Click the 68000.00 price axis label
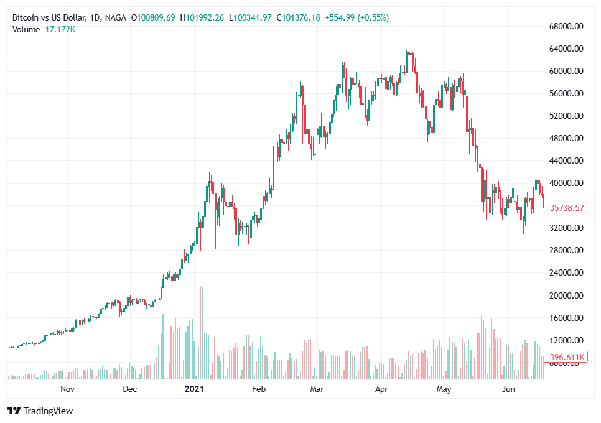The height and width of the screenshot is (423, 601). [566, 27]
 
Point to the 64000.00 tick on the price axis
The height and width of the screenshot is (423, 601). [566, 49]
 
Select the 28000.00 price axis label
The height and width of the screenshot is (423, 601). [566, 251]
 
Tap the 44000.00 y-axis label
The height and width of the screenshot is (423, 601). [566, 161]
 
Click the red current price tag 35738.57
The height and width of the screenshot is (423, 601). [565, 208]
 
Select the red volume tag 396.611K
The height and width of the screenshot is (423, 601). [565, 357]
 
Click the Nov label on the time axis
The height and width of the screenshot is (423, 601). [68, 389]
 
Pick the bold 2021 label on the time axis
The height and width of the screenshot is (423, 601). [195, 389]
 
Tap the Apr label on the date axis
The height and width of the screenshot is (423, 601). [382, 389]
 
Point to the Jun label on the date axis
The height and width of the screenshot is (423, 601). [508, 389]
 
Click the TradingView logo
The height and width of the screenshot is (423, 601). [40, 411]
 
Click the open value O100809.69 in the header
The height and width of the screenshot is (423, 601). [154, 18]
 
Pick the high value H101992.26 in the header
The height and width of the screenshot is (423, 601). [203, 18]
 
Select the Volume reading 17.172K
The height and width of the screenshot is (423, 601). [61, 29]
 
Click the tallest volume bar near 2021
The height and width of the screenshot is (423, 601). [200, 333]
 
